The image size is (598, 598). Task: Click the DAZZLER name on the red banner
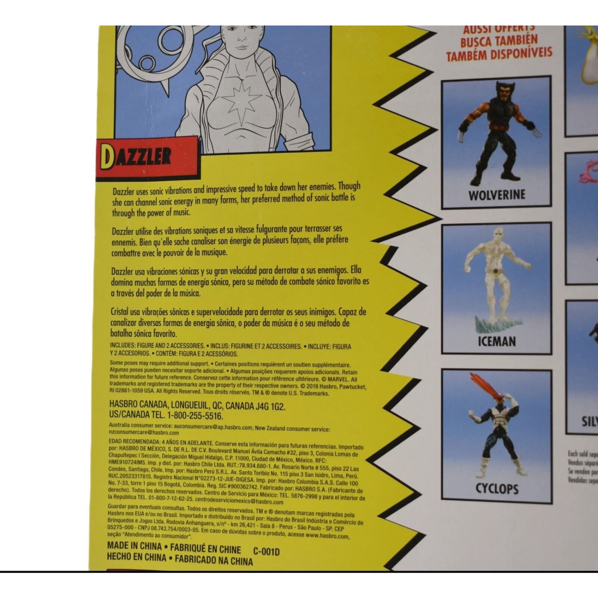pyautogui.click(x=137, y=157)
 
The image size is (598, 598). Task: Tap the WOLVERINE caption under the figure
pyautogui.click(x=496, y=195)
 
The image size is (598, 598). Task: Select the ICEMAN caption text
pyautogui.click(x=497, y=341)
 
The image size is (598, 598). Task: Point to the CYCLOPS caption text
pyautogui.click(x=497, y=488)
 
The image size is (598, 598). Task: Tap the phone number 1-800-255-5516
pyautogui.click(x=195, y=415)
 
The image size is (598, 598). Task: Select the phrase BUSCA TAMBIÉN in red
pyautogui.click(x=499, y=41)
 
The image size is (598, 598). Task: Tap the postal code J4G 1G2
pyautogui.click(x=270, y=406)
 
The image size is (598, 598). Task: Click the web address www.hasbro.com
pyautogui.click(x=327, y=536)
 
